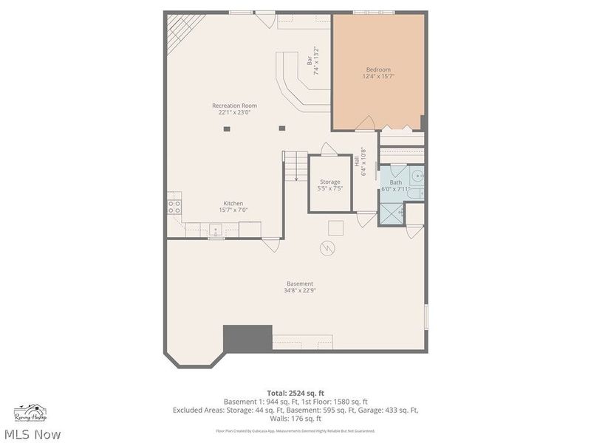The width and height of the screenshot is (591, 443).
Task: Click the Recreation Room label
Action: click(x=234, y=106)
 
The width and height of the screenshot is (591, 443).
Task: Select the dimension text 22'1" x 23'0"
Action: click(x=234, y=113)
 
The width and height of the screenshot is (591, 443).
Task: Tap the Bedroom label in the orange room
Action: click(x=378, y=69)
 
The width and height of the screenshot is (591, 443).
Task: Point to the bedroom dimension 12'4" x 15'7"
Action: click(x=378, y=77)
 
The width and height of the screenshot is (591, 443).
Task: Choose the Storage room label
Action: click(x=330, y=182)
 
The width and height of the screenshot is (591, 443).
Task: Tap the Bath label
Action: click(x=396, y=182)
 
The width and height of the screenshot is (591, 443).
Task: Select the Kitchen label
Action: click(x=233, y=203)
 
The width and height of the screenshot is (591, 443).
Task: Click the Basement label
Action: click(x=300, y=284)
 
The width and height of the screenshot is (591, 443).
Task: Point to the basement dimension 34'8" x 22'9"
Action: click(x=300, y=291)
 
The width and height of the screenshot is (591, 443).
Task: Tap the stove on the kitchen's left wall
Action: click(x=174, y=206)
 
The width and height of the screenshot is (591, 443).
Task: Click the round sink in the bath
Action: click(x=417, y=176)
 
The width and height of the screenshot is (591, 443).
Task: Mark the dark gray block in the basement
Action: click(x=247, y=338)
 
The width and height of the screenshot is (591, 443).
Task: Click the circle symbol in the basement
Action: click(x=326, y=249)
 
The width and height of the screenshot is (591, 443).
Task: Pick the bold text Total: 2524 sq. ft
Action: click(x=295, y=392)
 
